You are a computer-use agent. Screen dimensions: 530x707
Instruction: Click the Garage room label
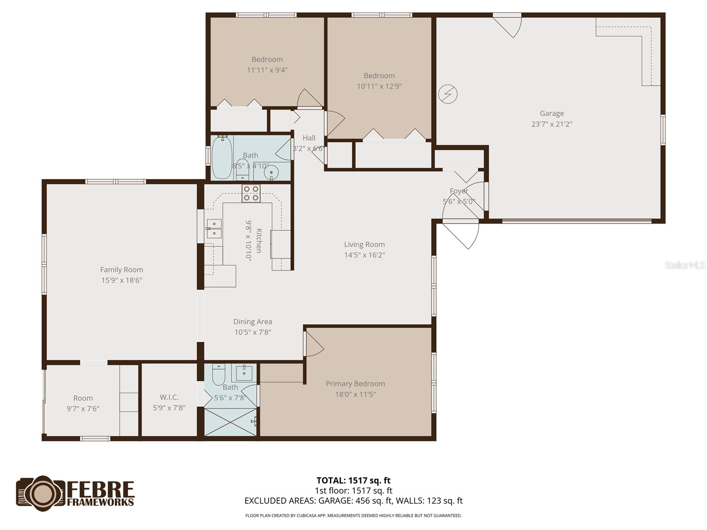[551, 114]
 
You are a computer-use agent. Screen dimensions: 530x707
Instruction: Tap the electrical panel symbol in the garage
[448, 94]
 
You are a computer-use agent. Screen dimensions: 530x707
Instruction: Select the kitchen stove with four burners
[251, 193]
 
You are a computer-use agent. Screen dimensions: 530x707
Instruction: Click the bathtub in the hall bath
[221, 158]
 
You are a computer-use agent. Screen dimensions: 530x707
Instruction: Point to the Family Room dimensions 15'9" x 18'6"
[122, 280]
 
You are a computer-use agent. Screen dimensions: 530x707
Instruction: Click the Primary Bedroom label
[355, 384]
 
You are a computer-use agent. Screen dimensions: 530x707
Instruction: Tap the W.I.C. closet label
[169, 397]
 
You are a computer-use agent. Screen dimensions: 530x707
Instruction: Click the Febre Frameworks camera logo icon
[41, 493]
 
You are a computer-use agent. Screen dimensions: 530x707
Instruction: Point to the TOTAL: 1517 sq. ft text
[353, 481]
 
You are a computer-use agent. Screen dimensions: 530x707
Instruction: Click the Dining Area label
[253, 322]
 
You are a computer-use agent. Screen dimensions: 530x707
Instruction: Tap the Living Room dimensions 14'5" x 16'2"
[365, 255]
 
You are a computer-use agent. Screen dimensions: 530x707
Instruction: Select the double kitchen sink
[214, 228]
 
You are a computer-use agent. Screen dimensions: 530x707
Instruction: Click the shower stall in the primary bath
[231, 422]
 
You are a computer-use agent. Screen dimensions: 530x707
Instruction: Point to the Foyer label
[459, 191]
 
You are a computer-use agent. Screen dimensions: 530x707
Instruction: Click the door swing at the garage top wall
[510, 26]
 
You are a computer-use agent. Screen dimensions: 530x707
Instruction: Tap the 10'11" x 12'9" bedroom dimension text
[379, 87]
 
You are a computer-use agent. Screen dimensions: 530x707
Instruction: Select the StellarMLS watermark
[685, 265]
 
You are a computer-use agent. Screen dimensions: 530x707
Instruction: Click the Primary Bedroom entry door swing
[314, 344]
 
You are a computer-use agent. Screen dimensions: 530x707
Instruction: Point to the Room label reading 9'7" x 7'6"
[83, 403]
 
